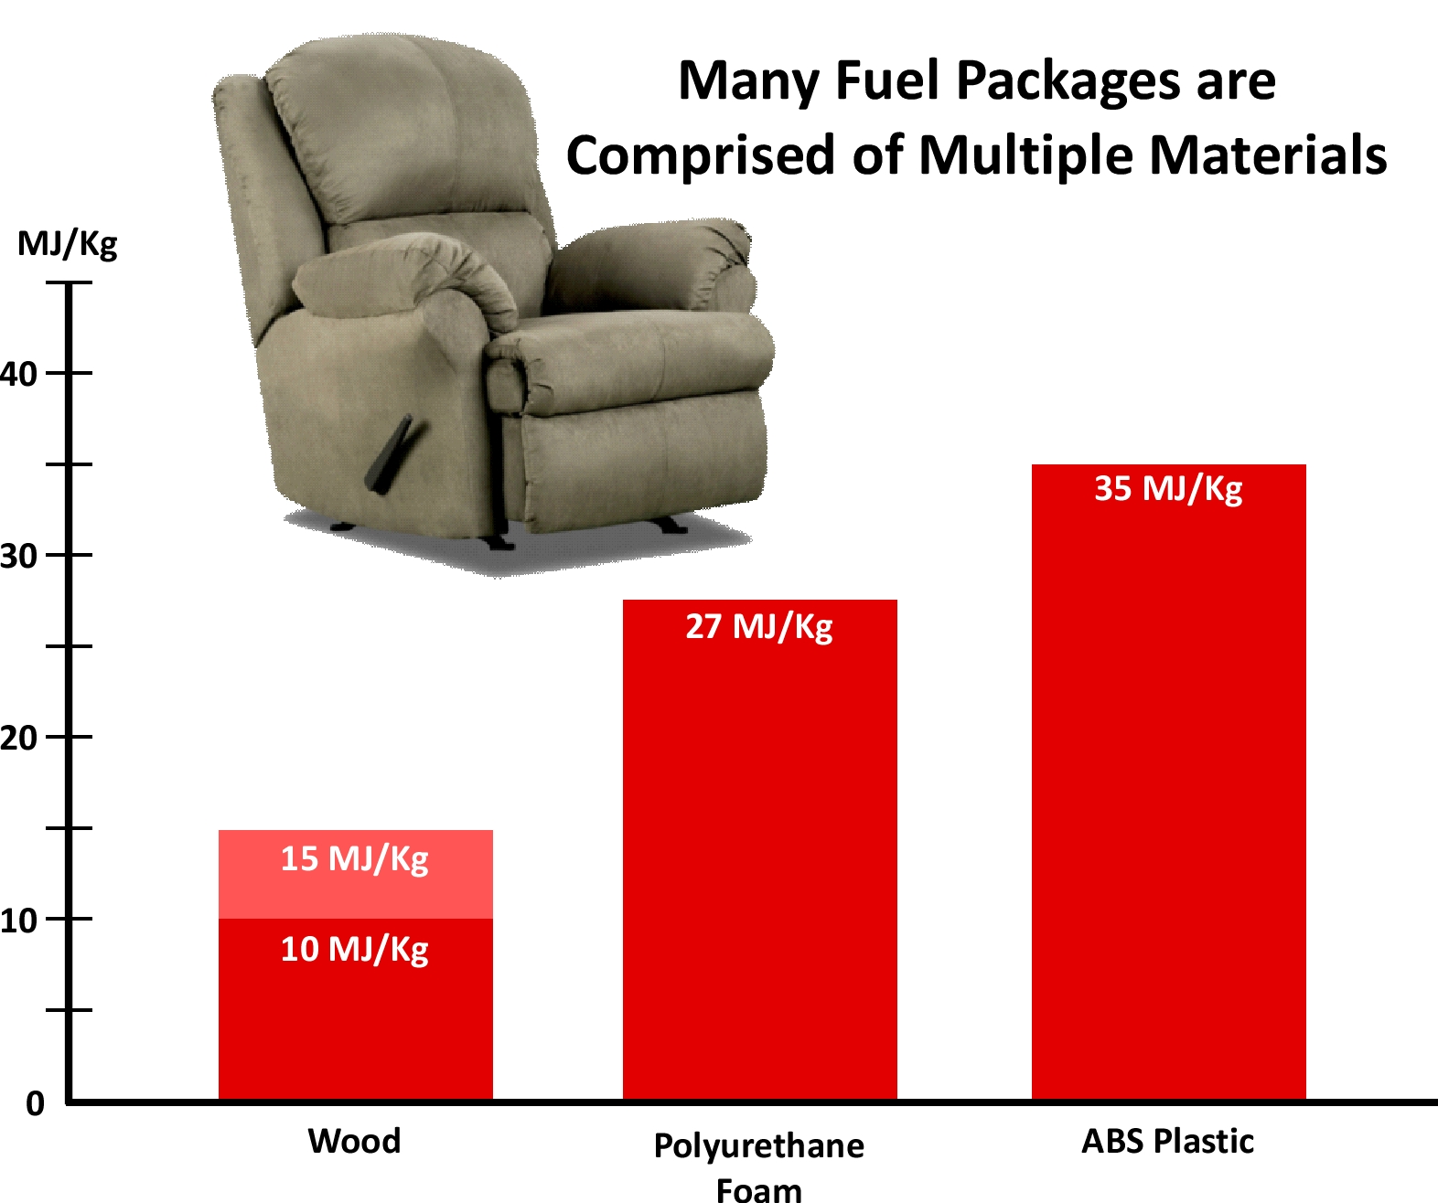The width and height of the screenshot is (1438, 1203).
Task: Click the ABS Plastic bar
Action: [1169, 782]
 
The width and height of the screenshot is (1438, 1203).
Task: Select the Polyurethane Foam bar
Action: [759, 850]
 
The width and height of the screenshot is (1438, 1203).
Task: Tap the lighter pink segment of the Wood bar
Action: [355, 874]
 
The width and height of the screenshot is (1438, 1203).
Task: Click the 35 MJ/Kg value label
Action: [1169, 489]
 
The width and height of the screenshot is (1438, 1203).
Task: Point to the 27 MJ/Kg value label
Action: [759, 627]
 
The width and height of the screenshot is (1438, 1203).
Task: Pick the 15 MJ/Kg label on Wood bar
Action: [355, 859]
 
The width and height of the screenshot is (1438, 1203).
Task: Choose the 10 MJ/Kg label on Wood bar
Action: [355, 951]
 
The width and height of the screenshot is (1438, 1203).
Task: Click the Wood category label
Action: [354, 1141]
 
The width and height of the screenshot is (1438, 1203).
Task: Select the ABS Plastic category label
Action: [1168, 1141]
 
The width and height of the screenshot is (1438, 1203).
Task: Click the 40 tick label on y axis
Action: [18, 375]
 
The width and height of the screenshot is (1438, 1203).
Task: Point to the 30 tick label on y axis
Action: [18, 556]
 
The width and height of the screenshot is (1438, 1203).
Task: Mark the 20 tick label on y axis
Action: [18, 739]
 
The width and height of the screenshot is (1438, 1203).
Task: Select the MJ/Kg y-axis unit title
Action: [68, 245]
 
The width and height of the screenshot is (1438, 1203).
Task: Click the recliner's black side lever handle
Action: [389, 454]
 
